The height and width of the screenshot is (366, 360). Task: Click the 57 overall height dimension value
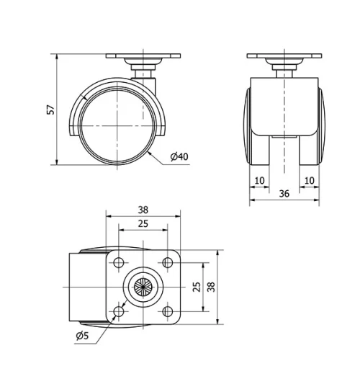click(48, 110)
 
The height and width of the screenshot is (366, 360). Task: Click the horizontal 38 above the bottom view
click(143, 209)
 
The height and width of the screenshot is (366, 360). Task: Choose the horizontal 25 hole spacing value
click(143, 224)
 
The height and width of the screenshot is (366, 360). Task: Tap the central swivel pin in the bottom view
click(143, 287)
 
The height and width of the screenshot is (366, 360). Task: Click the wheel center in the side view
click(116, 125)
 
